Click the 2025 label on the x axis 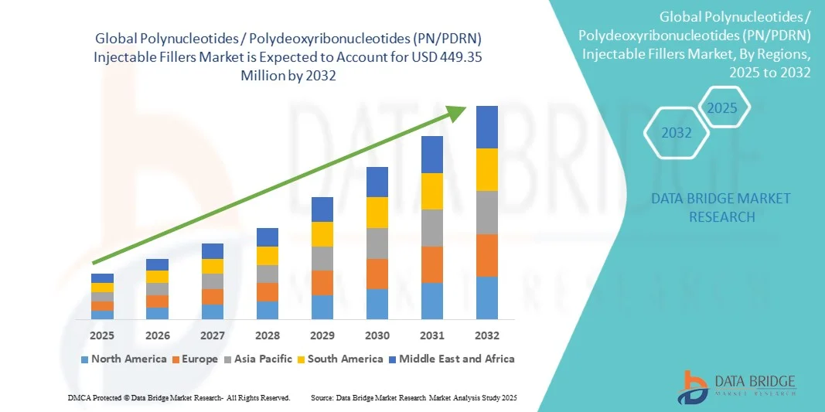pos(102,335)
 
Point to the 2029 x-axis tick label pos(322,335)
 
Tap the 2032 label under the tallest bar pos(487,335)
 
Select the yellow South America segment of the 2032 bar pos(487,169)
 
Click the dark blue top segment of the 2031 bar pos(432,154)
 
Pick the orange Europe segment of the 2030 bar pos(377,274)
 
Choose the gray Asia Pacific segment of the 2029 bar pos(322,258)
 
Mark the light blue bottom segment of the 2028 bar pos(268,310)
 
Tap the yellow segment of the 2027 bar pos(213,266)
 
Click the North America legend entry pos(124,359)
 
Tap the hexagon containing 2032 pos(677,133)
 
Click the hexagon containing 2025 pos(723,107)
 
